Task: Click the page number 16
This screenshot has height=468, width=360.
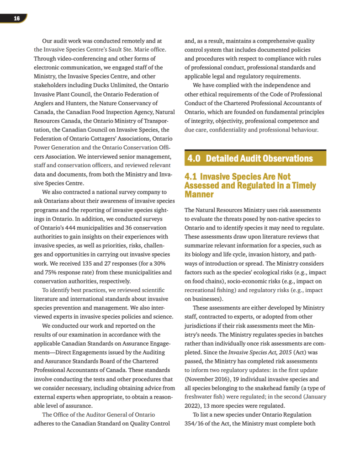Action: [16, 18]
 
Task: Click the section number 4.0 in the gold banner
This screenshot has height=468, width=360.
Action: [194, 159]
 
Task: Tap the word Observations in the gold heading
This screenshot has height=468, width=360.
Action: [284, 159]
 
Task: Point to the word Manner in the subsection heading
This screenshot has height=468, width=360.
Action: [199, 194]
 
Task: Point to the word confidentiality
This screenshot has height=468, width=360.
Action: [224, 130]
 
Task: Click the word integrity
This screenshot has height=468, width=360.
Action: [204, 121]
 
